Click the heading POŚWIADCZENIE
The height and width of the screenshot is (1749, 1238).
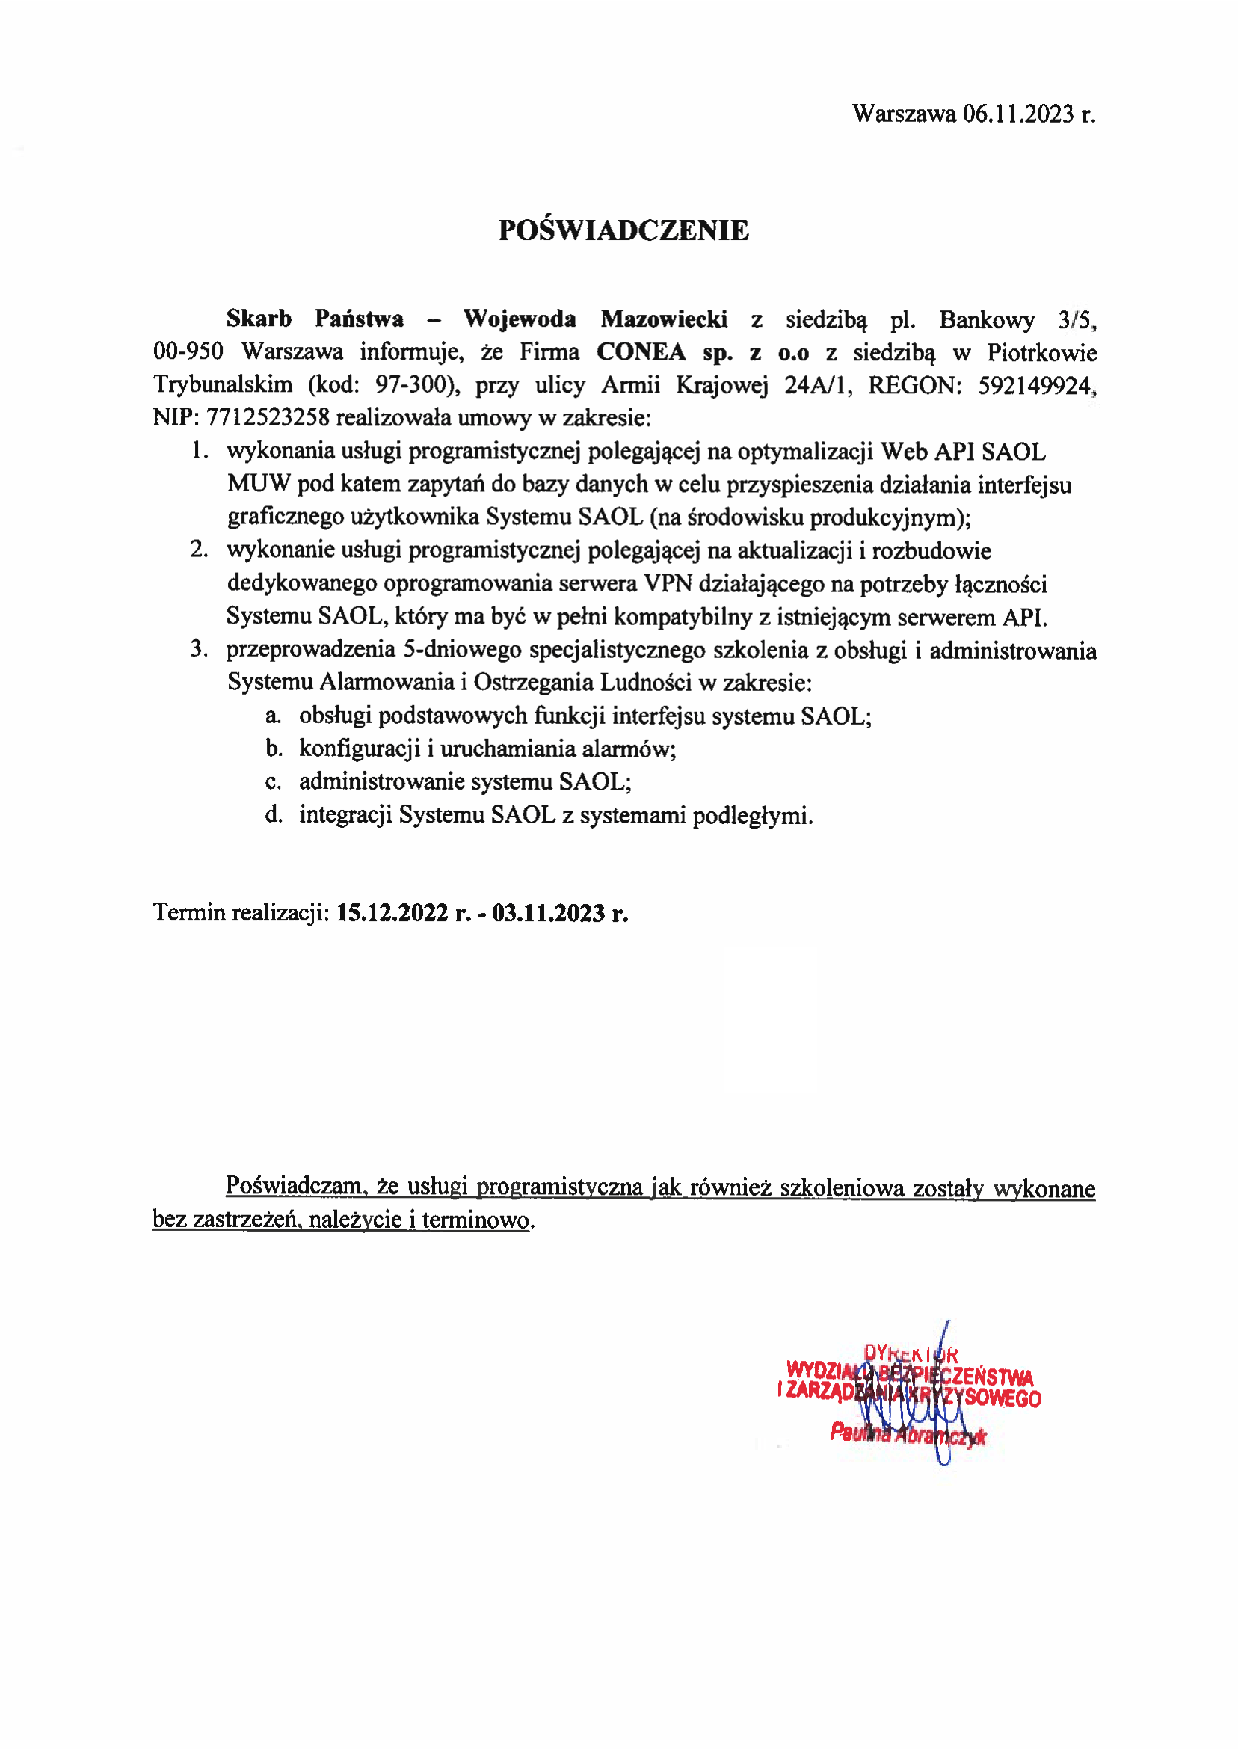coord(623,230)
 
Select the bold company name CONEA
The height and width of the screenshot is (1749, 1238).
coord(641,352)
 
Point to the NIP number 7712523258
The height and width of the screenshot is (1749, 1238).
coord(268,418)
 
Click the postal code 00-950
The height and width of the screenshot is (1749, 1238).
coord(188,352)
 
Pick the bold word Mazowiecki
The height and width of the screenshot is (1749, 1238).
coord(664,319)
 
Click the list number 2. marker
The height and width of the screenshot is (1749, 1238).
coord(199,550)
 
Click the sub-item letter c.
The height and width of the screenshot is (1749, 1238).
coord(273,782)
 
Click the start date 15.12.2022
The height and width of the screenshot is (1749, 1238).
coord(392,914)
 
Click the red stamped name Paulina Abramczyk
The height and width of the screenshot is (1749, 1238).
coord(908,1433)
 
